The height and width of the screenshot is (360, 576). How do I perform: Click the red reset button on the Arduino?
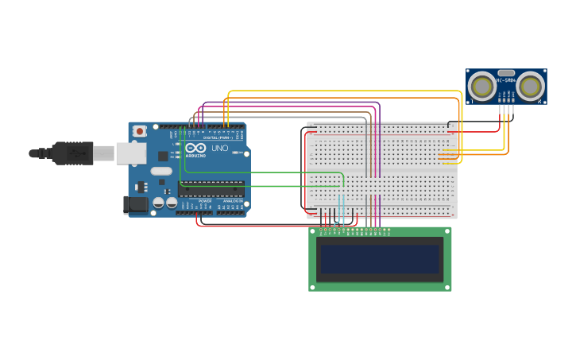[140, 131]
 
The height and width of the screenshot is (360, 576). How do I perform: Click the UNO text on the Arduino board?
[220, 148]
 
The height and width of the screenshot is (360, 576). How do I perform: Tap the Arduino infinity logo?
[195, 148]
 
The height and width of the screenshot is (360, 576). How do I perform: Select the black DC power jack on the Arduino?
[136, 205]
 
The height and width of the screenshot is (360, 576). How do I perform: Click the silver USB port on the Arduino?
[131, 153]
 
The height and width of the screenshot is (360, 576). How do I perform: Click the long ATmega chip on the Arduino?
[211, 189]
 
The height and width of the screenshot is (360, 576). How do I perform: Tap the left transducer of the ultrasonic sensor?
[481, 86]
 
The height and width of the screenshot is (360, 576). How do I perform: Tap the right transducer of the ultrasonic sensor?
[531, 86]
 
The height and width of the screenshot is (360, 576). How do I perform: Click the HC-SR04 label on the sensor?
[506, 80]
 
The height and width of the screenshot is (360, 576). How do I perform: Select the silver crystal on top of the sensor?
[506, 72]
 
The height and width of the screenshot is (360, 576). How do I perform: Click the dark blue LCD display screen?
[380, 259]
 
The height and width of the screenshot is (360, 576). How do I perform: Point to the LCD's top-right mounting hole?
[446, 233]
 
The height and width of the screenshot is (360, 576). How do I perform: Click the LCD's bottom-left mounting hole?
[313, 286]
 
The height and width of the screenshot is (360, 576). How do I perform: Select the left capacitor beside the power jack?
[159, 203]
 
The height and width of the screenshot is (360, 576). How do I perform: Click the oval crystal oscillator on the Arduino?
[161, 171]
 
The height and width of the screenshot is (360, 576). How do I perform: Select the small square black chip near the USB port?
[163, 157]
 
